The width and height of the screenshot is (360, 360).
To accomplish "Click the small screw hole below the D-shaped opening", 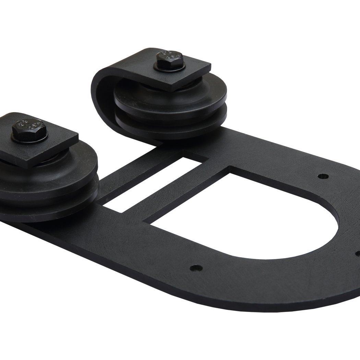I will (x=196, y=268).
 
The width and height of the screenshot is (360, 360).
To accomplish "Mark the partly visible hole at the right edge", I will (x=358, y=254).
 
